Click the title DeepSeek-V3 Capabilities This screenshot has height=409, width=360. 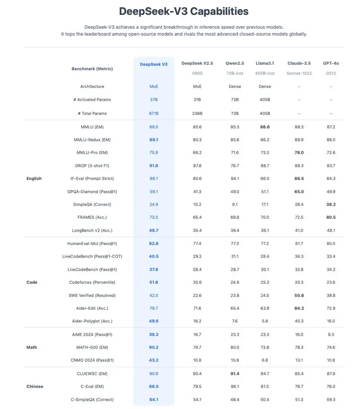(x=184, y=11)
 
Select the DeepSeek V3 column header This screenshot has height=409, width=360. (x=153, y=64)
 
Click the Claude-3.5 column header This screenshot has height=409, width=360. (x=299, y=64)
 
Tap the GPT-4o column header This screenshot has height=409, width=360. (x=331, y=64)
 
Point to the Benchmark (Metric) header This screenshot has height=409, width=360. (x=92, y=69)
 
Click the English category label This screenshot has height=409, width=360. (x=34, y=179)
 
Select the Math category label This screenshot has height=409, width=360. (x=31, y=347)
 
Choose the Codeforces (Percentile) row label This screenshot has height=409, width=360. (x=92, y=282)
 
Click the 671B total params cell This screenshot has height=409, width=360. (x=153, y=114)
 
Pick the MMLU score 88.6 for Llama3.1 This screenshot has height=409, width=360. (x=265, y=127)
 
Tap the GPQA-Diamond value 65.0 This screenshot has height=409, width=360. (x=299, y=191)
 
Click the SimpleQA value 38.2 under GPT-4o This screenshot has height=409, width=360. (x=331, y=204)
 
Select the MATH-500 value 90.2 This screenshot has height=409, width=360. (x=153, y=347)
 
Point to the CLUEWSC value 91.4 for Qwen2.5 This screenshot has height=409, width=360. (x=234, y=373)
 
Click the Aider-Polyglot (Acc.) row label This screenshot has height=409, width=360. (x=92, y=321)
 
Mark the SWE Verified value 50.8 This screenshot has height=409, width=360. (x=299, y=295)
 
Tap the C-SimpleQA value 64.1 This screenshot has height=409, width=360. (x=153, y=400)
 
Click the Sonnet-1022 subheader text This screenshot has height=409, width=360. (x=299, y=73)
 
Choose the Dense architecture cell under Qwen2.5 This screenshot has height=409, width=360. (x=234, y=86)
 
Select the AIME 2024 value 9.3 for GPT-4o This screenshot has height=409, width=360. (x=331, y=334)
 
